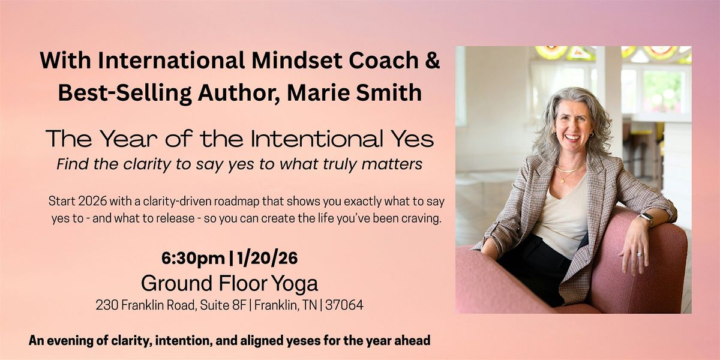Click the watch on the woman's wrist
pyautogui.click(x=646, y=218)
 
